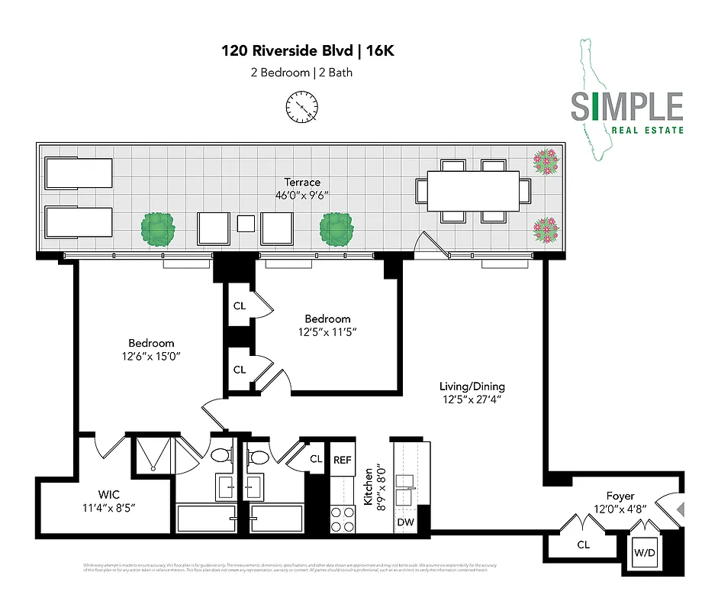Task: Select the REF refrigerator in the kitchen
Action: (342, 460)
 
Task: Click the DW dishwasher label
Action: (406, 522)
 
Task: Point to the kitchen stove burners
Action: (341, 519)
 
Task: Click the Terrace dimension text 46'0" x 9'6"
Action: (303, 196)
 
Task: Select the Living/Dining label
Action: (472, 386)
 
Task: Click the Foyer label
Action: (620, 496)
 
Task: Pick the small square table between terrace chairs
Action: (245, 223)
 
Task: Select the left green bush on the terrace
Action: (158, 228)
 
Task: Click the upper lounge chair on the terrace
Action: (79, 173)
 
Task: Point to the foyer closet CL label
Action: (584, 545)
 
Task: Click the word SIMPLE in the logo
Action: (626, 107)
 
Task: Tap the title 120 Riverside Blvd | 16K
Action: (308, 51)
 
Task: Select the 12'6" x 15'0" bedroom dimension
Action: (151, 357)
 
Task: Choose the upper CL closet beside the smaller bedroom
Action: (239, 306)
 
